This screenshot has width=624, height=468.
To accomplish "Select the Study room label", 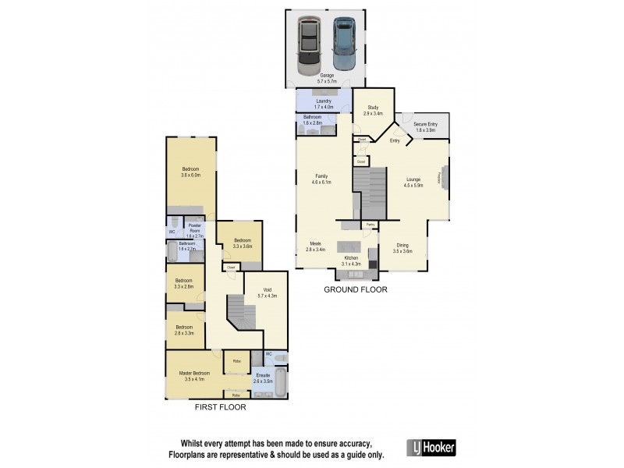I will [x=373, y=111].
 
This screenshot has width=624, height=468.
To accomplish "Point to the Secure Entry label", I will [x=426, y=127].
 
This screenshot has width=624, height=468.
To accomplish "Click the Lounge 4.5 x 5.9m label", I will [x=413, y=183].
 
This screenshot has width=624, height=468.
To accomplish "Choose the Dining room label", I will [x=402, y=249].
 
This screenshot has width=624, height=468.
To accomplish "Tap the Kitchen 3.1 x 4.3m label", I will [x=351, y=261].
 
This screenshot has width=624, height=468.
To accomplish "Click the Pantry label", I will [x=370, y=225].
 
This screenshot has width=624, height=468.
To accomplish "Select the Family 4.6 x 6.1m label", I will [x=321, y=179].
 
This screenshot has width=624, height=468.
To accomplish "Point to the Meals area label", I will [x=316, y=246].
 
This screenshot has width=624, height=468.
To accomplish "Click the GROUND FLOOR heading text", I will [x=356, y=289].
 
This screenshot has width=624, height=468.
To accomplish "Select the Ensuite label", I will [x=263, y=378].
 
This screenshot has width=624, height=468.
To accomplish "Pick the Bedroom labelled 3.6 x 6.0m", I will [x=191, y=172].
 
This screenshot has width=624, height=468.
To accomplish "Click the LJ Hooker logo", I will [x=431, y=447].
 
